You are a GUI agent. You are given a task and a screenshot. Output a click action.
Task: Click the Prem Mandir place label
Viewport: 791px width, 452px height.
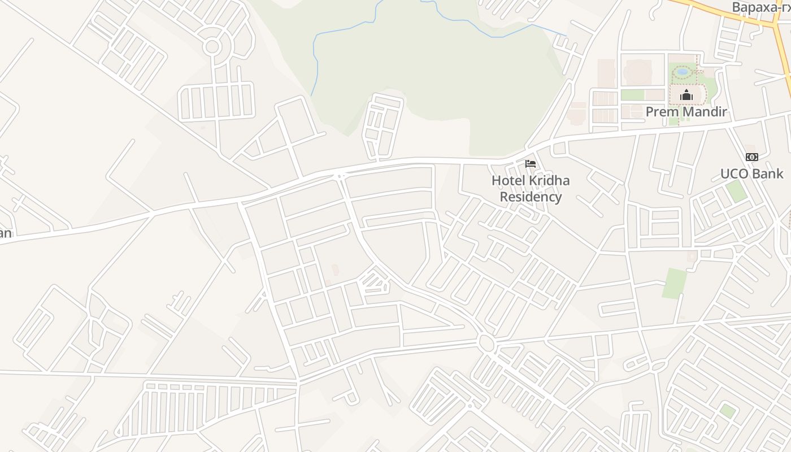coord(686,112)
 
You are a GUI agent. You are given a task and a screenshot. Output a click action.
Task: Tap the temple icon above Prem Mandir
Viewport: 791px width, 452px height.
coord(686,95)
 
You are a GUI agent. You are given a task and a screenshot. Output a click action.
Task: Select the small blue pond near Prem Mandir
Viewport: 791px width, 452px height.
coord(683,72)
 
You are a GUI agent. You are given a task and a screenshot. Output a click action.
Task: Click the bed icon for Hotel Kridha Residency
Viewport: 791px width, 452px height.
coord(531,164)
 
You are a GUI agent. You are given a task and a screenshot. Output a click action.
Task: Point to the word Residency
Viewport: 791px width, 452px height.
coord(531,197)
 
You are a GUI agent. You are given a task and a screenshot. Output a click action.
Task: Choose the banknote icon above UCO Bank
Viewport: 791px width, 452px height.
coord(751,157)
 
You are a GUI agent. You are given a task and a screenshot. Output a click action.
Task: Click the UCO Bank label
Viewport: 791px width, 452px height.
coord(751,173)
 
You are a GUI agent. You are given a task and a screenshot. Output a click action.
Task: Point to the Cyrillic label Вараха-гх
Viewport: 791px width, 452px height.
coord(760,7)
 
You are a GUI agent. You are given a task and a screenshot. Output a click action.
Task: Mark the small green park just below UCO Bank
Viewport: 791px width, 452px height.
coord(736,191)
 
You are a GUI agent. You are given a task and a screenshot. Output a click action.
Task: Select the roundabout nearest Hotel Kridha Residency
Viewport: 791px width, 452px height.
coord(485,342)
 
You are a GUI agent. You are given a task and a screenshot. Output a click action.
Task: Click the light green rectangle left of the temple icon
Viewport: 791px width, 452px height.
coord(633,95)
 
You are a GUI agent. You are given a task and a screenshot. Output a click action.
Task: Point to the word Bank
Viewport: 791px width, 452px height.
coord(768,173)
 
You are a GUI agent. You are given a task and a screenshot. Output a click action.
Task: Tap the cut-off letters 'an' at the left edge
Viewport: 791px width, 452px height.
coord(5,233)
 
